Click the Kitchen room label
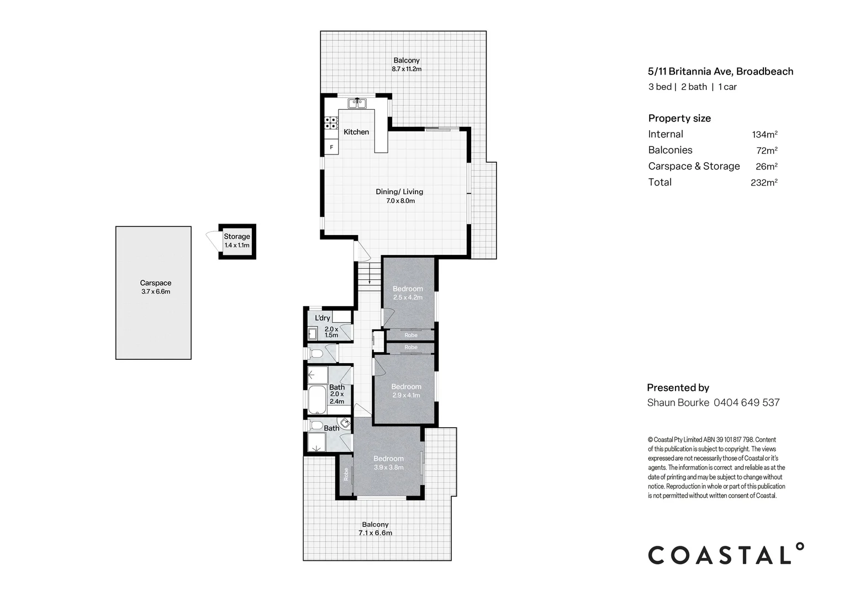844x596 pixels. point(356,132)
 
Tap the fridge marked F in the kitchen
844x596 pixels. point(331,147)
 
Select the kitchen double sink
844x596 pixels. point(357,103)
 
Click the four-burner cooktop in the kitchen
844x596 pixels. point(331,123)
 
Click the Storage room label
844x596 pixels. point(236,236)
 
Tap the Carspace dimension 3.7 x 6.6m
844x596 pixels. point(156,291)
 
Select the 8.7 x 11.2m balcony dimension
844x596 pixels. point(407,69)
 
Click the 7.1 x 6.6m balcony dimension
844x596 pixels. point(375,533)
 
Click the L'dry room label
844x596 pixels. point(323,318)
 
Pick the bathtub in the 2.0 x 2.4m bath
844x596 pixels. point(317,400)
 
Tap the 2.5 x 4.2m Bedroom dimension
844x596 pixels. point(408,297)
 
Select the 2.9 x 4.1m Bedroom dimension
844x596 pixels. point(406,395)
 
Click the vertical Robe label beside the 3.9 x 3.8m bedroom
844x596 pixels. point(346,475)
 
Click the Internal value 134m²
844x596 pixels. point(765,135)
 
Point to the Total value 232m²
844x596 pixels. point(764,183)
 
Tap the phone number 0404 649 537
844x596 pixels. point(746,402)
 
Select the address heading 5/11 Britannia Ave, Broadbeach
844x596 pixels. point(721,72)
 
